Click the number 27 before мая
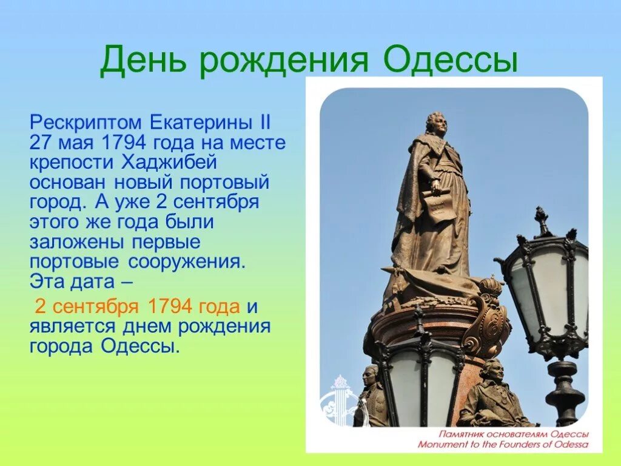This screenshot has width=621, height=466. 41,144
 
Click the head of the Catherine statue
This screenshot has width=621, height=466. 437,124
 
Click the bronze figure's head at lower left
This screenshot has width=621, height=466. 371,376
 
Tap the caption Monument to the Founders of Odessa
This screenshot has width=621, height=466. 503,444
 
